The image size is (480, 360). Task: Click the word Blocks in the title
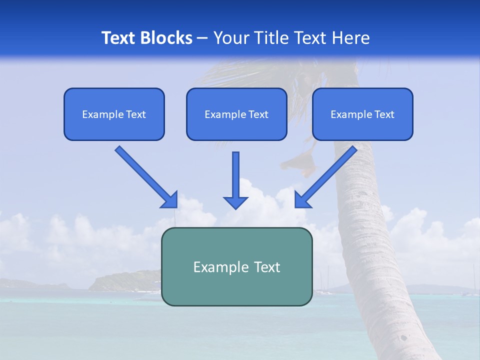pyautogui.click(x=168, y=38)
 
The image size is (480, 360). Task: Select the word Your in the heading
pyautogui.click(x=231, y=38)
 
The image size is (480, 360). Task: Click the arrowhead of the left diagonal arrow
pyautogui.click(x=169, y=199)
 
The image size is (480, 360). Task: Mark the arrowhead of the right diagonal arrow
pyautogui.click(x=302, y=199)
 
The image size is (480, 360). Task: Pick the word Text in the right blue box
pyautogui.click(x=384, y=114)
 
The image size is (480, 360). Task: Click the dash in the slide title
pyautogui.click(x=202, y=38)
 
